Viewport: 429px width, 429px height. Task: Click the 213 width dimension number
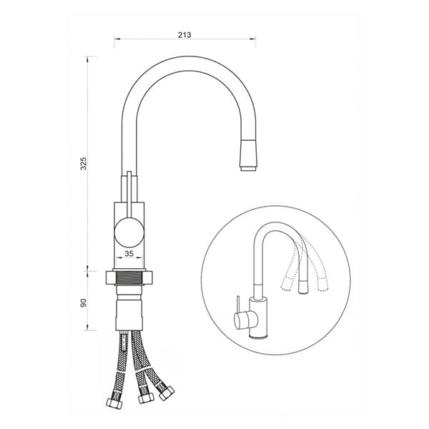[184, 35]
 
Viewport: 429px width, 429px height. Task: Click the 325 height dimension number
[84, 163]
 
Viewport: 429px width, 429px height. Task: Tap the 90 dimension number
[84, 302]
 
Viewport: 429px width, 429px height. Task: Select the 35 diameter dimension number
[129, 254]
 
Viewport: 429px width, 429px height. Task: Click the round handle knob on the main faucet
[129, 232]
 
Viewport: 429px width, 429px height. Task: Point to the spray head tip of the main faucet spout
[248, 155]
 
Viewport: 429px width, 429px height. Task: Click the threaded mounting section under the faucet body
[129, 277]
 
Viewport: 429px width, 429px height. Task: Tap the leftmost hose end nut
[114, 403]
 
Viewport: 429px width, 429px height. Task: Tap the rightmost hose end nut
[167, 393]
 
